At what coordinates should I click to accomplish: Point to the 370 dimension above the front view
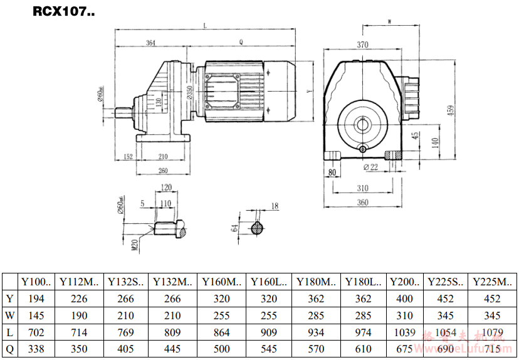click(362, 45)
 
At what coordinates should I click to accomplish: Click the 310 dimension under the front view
click(362, 188)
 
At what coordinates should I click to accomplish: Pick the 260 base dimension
click(163, 171)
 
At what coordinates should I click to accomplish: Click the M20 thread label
click(134, 244)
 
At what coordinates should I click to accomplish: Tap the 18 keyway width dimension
click(275, 206)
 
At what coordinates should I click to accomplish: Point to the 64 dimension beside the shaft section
click(235, 228)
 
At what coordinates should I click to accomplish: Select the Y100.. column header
click(36, 282)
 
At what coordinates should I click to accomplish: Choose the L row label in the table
click(9, 332)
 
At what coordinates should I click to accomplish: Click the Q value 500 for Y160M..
click(222, 349)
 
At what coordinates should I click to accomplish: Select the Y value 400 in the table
click(404, 299)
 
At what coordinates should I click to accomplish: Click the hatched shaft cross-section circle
click(258, 228)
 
